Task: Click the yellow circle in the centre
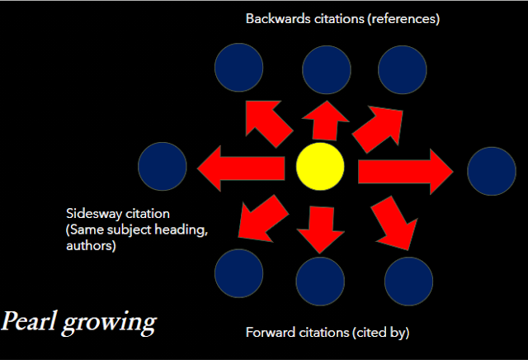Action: pyautogui.click(x=320, y=166)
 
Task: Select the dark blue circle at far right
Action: pyautogui.click(x=492, y=171)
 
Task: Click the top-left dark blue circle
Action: pyautogui.click(x=239, y=67)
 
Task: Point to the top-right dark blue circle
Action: pyautogui.click(x=402, y=67)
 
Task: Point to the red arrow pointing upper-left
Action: pyautogui.click(x=268, y=124)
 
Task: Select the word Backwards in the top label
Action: pyautogui.click(x=276, y=17)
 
